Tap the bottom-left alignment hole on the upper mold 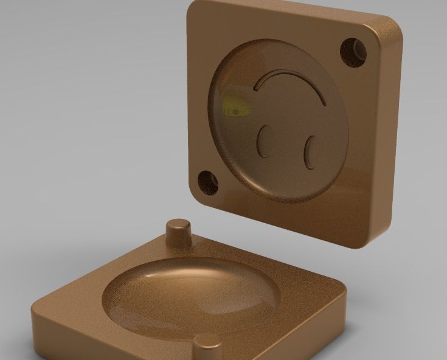[207, 182]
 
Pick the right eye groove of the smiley [310, 151]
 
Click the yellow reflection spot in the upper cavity [234, 107]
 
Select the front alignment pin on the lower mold [208, 345]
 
